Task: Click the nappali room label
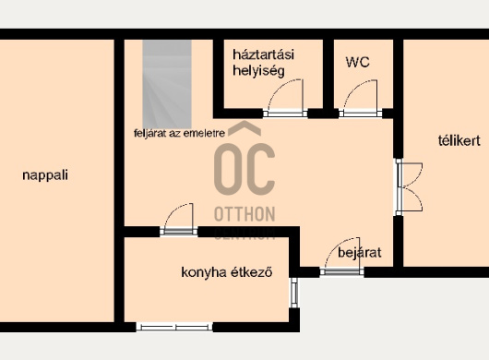tap(45, 175)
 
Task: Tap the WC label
tap(358, 63)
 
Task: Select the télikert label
tap(459, 140)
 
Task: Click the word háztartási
tap(263, 54)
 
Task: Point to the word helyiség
tap(258, 71)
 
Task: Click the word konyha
tap(204, 272)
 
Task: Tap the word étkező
tap(251, 272)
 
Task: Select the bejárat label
tap(360, 253)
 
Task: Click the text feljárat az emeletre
tap(179, 133)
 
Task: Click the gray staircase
tap(167, 84)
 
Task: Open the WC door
tap(361, 99)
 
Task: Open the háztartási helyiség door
tap(285, 99)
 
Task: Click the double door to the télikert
tap(409, 187)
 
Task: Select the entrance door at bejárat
tap(342, 257)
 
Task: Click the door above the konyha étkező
tap(179, 220)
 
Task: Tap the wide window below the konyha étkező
tap(174, 328)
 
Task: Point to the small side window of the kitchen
tap(294, 293)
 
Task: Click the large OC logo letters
tap(244, 169)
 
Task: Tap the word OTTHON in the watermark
tap(244, 214)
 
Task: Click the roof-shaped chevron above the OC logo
tap(244, 128)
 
